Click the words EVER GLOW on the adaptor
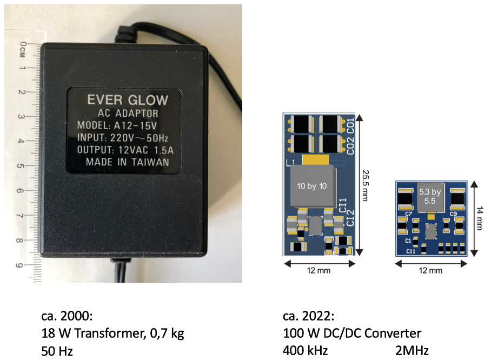click(128, 100)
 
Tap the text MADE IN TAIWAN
click(127, 162)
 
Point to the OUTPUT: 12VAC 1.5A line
click(127, 150)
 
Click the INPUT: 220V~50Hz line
click(127, 137)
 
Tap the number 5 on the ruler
click(21, 165)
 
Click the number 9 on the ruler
click(20, 265)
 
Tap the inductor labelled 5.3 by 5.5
click(430, 195)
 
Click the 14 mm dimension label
click(480, 218)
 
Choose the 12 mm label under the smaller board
click(430, 270)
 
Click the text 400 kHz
click(305, 350)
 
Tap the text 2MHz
click(412, 350)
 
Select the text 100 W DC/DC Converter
click(351, 333)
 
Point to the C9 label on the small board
click(453, 214)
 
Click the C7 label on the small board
click(408, 214)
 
